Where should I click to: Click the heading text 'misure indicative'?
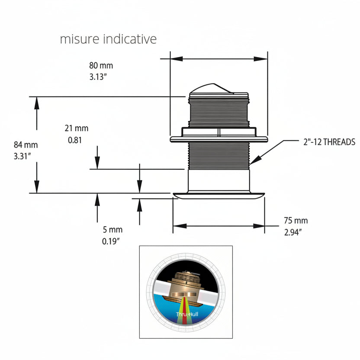[108, 39]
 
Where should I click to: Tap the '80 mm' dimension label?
[101, 66]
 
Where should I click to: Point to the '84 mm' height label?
[26, 145]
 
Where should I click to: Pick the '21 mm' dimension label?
[76, 128]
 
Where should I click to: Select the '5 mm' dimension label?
[112, 229]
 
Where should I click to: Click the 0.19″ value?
[111, 241]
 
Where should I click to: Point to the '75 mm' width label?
[296, 221]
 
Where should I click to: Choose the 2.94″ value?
[293, 232]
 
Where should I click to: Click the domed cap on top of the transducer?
[212, 88]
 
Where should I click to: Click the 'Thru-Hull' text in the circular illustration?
[187, 315]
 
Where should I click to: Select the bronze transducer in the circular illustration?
[185, 286]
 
